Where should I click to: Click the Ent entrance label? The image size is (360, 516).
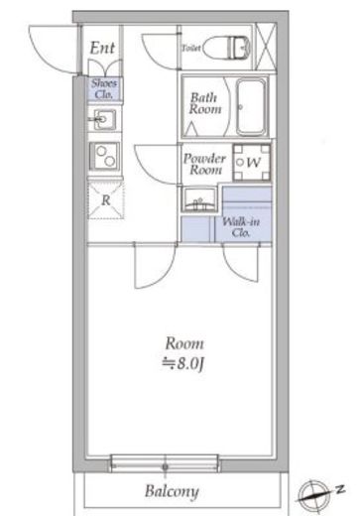(102, 48)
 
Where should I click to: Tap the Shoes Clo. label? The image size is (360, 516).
(104, 88)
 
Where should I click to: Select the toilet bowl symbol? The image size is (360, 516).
(226, 49)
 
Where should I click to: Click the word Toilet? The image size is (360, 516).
(191, 49)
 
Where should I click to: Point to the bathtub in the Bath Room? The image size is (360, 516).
(252, 106)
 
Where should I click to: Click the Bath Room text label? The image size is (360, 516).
(205, 103)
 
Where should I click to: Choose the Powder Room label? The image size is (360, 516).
(205, 164)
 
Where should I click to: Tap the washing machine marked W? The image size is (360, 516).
(252, 163)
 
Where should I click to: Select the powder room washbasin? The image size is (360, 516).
(199, 199)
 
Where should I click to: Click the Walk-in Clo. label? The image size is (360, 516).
(241, 227)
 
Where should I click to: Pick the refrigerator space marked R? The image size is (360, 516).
(106, 200)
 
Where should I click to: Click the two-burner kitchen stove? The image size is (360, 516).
(105, 156)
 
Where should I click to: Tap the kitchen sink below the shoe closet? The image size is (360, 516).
(104, 119)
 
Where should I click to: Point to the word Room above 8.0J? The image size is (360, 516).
(184, 343)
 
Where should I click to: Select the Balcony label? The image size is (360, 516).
(172, 491)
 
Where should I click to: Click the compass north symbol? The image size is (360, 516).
(314, 493)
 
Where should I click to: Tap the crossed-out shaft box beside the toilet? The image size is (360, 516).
(266, 47)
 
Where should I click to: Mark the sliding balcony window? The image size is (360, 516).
(165, 463)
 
